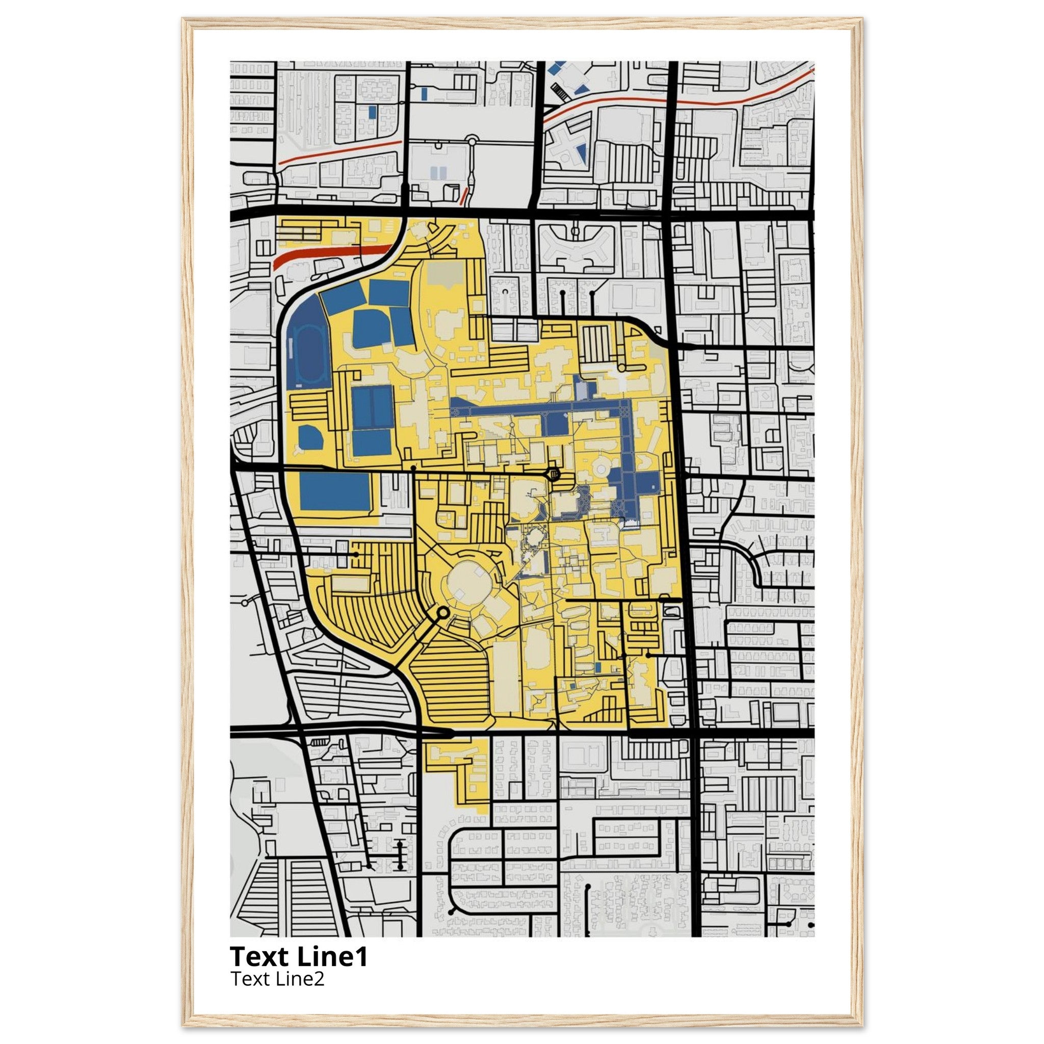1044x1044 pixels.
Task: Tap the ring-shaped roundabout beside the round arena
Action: (x=442, y=613)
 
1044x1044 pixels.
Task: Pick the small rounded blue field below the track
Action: (x=310, y=438)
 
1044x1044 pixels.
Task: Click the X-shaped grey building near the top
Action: (x=565, y=144)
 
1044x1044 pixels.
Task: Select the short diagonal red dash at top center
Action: (x=463, y=196)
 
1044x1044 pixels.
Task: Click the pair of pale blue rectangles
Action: (x=439, y=173)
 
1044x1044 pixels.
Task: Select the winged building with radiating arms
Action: (x=576, y=247)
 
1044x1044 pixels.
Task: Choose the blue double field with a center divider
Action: (x=372, y=406)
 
